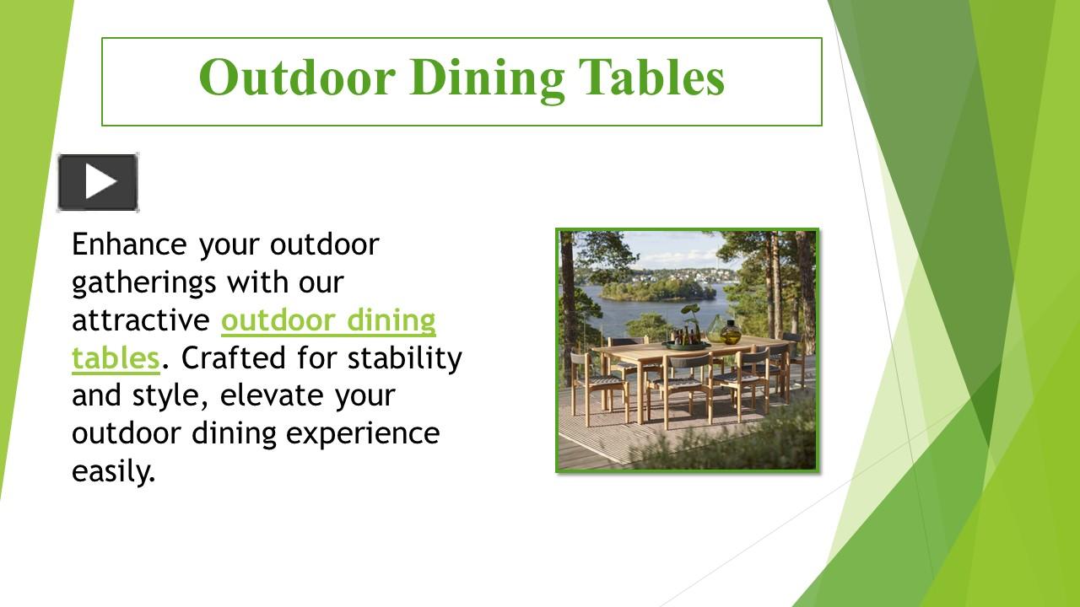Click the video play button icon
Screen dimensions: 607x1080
[x=98, y=182]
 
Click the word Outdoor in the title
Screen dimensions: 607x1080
[x=297, y=77]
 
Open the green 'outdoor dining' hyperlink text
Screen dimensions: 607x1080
[x=328, y=320]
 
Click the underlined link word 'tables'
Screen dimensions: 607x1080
[x=116, y=358]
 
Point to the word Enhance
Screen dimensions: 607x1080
[x=129, y=244]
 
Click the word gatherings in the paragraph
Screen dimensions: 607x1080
[x=143, y=282]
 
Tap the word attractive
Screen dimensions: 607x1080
[x=141, y=320]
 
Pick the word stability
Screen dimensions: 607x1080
[x=405, y=358]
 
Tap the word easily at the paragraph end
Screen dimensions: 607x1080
[x=114, y=471]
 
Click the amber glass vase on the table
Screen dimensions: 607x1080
[x=729, y=332]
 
